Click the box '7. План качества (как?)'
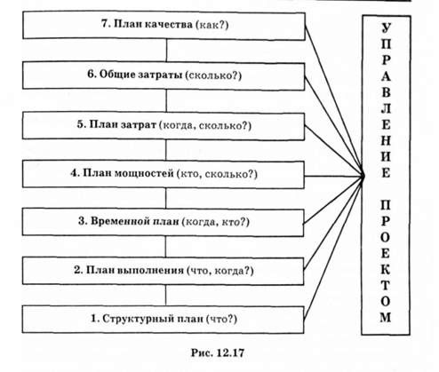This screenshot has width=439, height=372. coord(164,26)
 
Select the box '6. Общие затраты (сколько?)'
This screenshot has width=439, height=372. coord(164,75)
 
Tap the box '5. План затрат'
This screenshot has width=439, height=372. coord(164,126)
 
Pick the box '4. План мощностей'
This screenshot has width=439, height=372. coord(164,174)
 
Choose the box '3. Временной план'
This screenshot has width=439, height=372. coord(163,222)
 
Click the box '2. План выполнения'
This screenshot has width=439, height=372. coord(163,271)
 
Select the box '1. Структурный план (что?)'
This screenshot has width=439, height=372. coord(163,320)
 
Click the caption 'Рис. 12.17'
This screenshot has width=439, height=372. coord(218,352)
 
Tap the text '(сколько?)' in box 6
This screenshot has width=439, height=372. coord(213,75)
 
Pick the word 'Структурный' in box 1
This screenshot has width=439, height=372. coord(139,319)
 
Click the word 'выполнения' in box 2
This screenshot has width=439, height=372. coord(150,270)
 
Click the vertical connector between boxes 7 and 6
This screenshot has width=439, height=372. coord(166,51)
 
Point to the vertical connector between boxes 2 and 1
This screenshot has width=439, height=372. coord(165,296)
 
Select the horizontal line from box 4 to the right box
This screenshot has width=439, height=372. coord(334,177)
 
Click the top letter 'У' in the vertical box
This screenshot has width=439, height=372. coord(386,28)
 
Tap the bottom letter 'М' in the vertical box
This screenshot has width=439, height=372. coord(386,317)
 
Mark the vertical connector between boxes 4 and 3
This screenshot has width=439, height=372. coord(166,199)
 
